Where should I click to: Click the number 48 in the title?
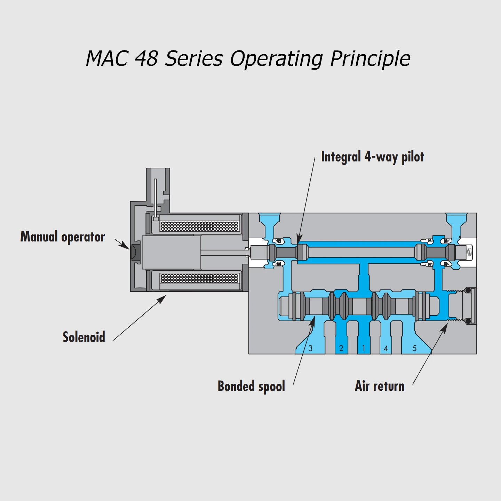tap(146, 58)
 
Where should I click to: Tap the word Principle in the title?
tap(370, 59)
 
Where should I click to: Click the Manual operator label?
tap(63, 237)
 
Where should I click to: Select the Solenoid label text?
tap(84, 337)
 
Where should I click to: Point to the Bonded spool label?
tap(251, 386)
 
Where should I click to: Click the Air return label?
tap(380, 386)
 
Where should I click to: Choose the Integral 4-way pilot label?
tap(373, 157)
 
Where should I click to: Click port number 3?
tap(310, 348)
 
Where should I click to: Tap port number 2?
tap(341, 348)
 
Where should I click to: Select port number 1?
tap(364, 348)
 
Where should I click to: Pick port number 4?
tap(385, 348)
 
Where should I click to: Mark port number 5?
tap(414, 348)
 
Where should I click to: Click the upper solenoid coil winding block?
tap(199, 226)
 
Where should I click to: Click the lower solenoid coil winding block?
tap(199, 278)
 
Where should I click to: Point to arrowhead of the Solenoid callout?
tap(163, 298)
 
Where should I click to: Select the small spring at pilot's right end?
tap(469, 252)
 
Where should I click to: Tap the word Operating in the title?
tap(277, 59)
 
